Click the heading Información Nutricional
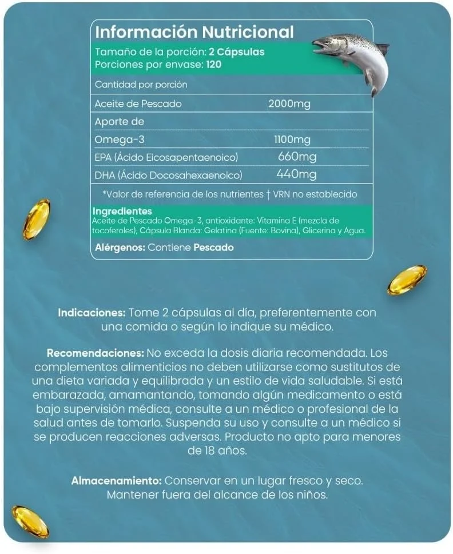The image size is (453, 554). [x=194, y=32]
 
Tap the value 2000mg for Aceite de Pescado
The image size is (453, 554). [x=289, y=103]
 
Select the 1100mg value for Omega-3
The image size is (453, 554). [x=293, y=140]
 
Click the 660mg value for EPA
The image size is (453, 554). [x=297, y=157]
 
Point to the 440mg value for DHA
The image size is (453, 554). [x=296, y=174]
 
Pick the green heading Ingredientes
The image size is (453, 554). [x=121, y=212]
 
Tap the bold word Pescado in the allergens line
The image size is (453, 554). [x=214, y=248]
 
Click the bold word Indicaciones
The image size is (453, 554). [x=92, y=313]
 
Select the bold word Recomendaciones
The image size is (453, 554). [x=96, y=353]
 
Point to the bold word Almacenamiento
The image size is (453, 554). [x=117, y=481]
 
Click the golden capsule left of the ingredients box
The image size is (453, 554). [x=37, y=219]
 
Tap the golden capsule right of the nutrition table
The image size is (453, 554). [x=407, y=280]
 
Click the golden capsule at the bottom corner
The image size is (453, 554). [x=30, y=521]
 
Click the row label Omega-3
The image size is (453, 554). [x=117, y=140]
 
